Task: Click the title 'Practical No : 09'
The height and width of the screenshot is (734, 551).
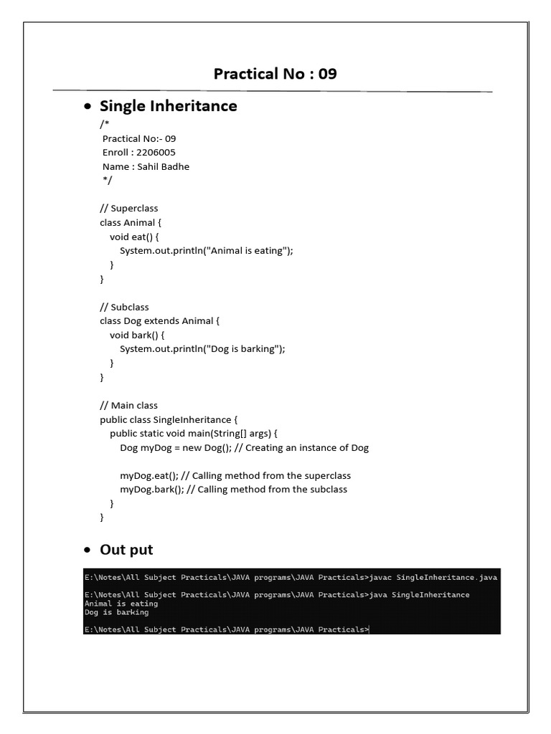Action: click(x=275, y=74)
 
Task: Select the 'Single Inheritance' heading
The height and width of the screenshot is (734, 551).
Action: click(x=168, y=106)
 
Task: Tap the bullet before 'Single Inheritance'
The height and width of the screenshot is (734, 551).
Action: click(x=88, y=107)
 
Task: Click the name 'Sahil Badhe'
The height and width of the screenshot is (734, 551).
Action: click(x=164, y=166)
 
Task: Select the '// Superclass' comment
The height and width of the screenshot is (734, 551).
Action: click(x=129, y=208)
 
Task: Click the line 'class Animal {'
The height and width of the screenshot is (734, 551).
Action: click(x=131, y=222)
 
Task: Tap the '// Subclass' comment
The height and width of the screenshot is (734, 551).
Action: click(x=125, y=307)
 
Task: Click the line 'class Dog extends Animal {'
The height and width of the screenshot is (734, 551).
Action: click(x=159, y=320)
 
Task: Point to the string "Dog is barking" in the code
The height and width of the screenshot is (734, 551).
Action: click(x=244, y=348)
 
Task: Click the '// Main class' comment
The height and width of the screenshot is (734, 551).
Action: click(x=129, y=405)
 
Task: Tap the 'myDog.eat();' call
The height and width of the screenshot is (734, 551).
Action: click(x=149, y=475)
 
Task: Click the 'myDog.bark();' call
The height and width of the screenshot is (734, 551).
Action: click(x=151, y=490)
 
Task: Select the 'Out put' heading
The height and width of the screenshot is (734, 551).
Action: click(x=126, y=550)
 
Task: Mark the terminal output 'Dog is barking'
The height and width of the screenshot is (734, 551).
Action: click(x=116, y=612)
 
